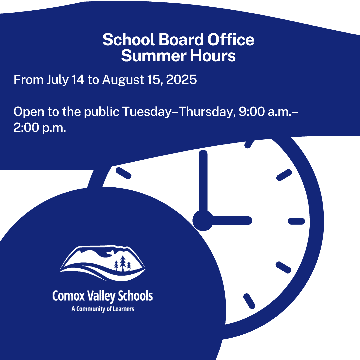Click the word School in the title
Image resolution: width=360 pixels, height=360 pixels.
click(x=128, y=39)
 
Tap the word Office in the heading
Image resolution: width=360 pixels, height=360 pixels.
click(x=231, y=39)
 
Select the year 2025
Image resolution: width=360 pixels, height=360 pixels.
click(x=181, y=80)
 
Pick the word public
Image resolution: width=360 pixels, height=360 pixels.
click(x=102, y=112)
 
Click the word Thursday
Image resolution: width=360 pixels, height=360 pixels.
click(x=206, y=112)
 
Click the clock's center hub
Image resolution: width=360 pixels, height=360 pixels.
click(x=203, y=221)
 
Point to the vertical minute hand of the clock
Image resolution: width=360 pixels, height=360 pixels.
click(x=203, y=181)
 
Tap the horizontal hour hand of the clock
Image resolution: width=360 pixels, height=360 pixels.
click(x=232, y=221)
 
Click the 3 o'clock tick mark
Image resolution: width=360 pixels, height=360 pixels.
click(x=296, y=221)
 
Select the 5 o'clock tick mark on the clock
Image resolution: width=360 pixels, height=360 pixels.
click(x=249, y=301)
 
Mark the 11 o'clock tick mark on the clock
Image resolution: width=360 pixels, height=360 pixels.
click(x=124, y=173)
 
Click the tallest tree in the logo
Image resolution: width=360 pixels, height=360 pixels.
click(x=123, y=263)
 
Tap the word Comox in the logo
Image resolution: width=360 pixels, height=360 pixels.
click(x=68, y=296)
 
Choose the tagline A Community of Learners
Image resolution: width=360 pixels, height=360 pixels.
click(x=103, y=309)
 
